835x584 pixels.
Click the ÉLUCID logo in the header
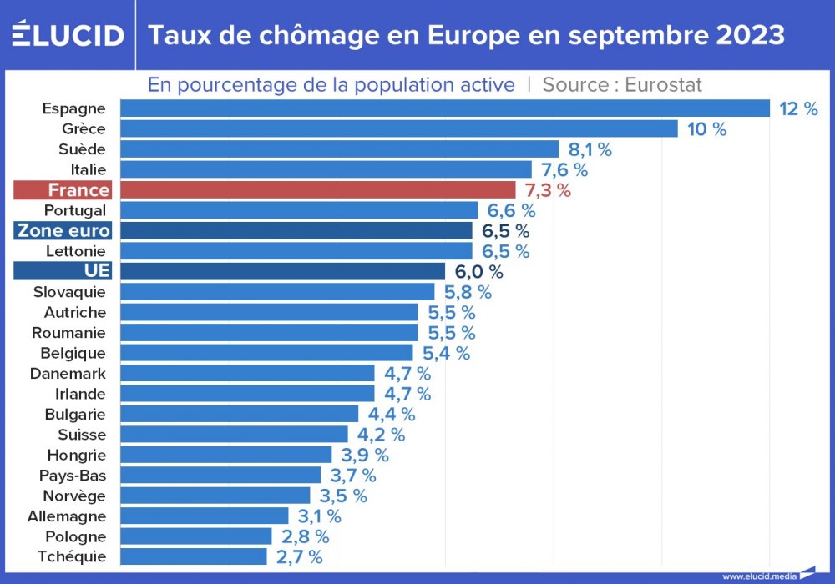coord(68,35)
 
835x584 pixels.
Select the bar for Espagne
coord(444,108)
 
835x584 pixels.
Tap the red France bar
coord(318,190)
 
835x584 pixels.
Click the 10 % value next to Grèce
coord(706,129)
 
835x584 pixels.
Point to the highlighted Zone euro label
coord(63,231)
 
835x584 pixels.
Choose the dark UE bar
coord(283,272)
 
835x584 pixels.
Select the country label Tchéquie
coord(72,556)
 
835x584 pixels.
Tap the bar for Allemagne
coord(205,516)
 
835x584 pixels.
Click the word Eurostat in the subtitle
coord(663,84)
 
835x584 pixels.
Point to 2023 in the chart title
coord(749,35)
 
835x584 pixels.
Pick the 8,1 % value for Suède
coord(590,149)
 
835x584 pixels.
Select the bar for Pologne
coord(196,536)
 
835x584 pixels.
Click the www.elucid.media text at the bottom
coord(757,576)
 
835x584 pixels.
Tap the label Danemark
coord(68,374)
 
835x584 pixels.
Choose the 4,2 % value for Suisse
coord(380,435)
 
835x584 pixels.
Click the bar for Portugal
coord(299,210)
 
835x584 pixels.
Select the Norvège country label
coord(74,496)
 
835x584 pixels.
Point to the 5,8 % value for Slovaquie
coord(467,292)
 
